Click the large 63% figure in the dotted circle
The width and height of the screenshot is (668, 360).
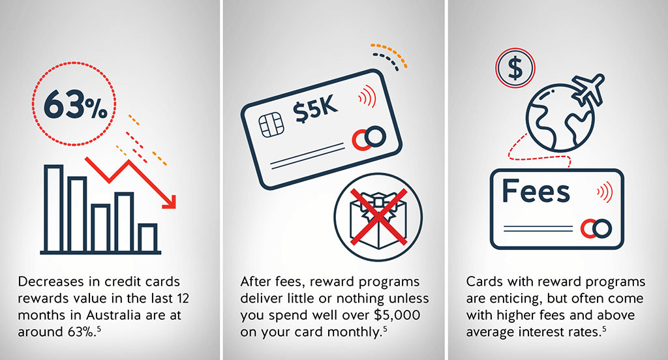pos(75,104)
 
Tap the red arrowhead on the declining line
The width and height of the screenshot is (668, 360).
pos(170,202)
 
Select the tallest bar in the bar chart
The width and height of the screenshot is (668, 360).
pos(54,208)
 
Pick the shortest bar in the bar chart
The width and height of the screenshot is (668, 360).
pos(147,238)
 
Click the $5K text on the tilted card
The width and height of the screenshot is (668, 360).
pos(315,109)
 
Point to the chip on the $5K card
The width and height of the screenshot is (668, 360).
pos(271,125)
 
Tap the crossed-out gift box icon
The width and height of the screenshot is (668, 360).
pos(378,217)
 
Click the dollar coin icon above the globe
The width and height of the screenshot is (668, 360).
pos(515,68)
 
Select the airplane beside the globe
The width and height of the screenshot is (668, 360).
pos(588,89)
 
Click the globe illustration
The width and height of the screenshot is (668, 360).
pos(559,118)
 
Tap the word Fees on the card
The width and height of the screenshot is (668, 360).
pos(536,191)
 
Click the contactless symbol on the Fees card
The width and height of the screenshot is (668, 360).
pos(605,192)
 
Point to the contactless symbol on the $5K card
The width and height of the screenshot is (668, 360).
pos(367,97)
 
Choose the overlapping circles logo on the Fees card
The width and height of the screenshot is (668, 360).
pos(596,229)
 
